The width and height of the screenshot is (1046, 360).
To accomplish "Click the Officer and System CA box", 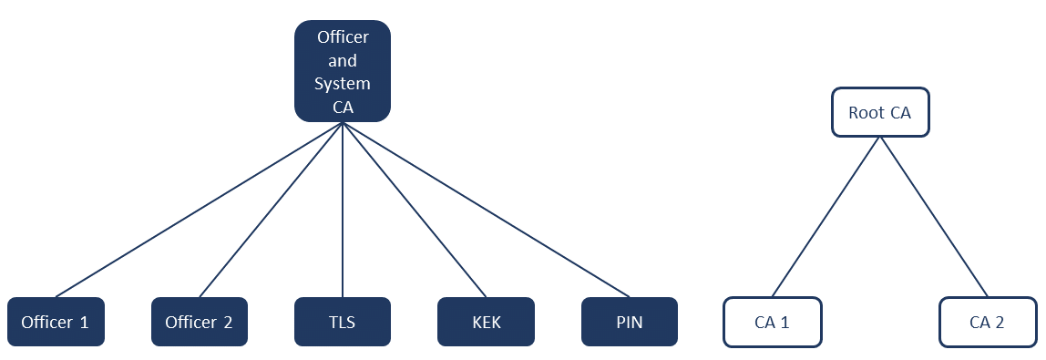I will pos(343,71).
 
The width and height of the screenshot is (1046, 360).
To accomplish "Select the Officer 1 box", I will pos(56,322).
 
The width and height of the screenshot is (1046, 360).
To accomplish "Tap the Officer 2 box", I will pos(200,322).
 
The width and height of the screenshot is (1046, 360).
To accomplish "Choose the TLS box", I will pos(343,322).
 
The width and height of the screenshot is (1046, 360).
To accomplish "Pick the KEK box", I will pos(486,322).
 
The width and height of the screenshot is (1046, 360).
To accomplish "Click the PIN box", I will pos(630,322).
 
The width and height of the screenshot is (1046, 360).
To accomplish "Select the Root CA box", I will pos(880,113).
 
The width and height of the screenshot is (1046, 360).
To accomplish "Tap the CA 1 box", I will pos(773,322).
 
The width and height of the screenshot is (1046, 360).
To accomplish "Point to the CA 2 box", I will pos(988,322).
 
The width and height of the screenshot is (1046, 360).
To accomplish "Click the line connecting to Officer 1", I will pos(199,210).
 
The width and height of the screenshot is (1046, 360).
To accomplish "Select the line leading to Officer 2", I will pos(271,210).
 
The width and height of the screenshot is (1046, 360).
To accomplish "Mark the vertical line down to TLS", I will pos(343,210).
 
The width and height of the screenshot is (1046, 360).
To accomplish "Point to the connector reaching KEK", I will pos(415,210).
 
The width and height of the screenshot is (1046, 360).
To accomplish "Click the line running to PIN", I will pos(486,210).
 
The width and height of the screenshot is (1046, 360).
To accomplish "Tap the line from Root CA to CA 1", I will pos(826,217).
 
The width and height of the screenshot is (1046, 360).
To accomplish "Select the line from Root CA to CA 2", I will pos(934,217).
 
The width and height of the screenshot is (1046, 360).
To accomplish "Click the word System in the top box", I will pos(343,84).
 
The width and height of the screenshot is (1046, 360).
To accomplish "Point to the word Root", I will pos(867,113).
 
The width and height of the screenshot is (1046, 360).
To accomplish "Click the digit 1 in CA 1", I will pos(785,322).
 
